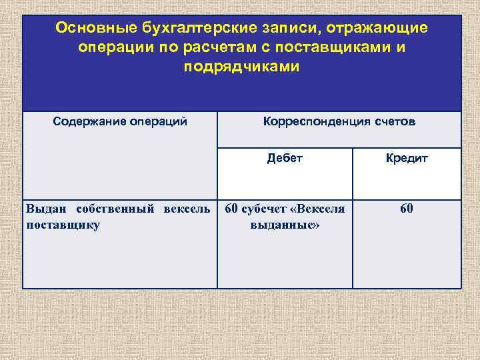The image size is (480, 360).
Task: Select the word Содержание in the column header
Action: click(87, 122)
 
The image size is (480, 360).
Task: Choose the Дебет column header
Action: click(285, 158)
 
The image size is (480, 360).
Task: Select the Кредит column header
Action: click(407, 158)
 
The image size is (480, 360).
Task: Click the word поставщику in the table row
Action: click(63, 225)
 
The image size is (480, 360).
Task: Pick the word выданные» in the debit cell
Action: click(285, 225)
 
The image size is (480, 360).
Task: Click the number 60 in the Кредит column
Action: click(407, 209)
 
